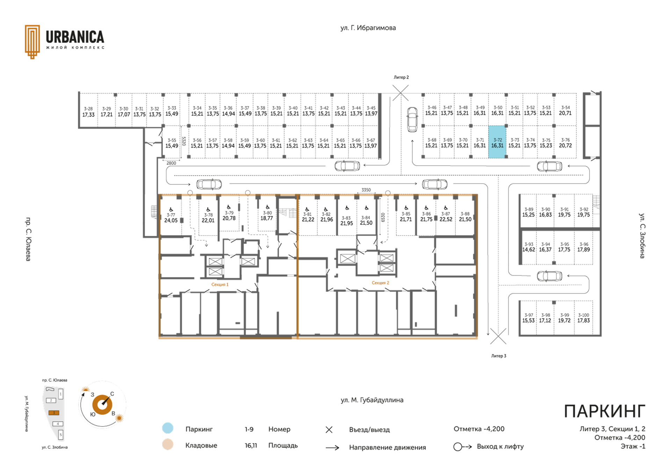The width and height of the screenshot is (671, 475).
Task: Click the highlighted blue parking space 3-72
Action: [x=497, y=142]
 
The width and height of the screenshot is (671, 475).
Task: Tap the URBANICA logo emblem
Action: [x=32, y=42]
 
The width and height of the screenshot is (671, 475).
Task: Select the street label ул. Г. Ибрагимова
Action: [x=368, y=28]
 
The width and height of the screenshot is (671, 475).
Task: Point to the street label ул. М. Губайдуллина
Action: [x=372, y=400]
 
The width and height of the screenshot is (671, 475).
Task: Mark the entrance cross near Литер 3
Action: [x=498, y=336]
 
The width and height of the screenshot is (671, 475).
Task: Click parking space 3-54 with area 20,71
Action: [x=565, y=110]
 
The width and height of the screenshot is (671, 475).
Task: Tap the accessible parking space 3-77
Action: [x=171, y=215]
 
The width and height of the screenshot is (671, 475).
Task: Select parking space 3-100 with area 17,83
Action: [x=583, y=318]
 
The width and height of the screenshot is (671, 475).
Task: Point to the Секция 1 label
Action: [x=220, y=284]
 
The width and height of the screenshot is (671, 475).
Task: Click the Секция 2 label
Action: [x=380, y=283]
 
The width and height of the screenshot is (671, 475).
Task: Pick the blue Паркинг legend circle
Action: [x=168, y=428]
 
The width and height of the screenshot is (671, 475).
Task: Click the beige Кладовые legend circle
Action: [x=168, y=444]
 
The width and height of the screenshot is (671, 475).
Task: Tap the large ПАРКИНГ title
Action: [x=605, y=411]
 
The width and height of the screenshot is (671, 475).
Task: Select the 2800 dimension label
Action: [x=171, y=163]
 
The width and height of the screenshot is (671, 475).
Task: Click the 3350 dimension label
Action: [x=366, y=190]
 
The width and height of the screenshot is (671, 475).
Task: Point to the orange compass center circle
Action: [x=102, y=404]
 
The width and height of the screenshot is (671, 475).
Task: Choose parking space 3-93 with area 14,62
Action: [x=528, y=247]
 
